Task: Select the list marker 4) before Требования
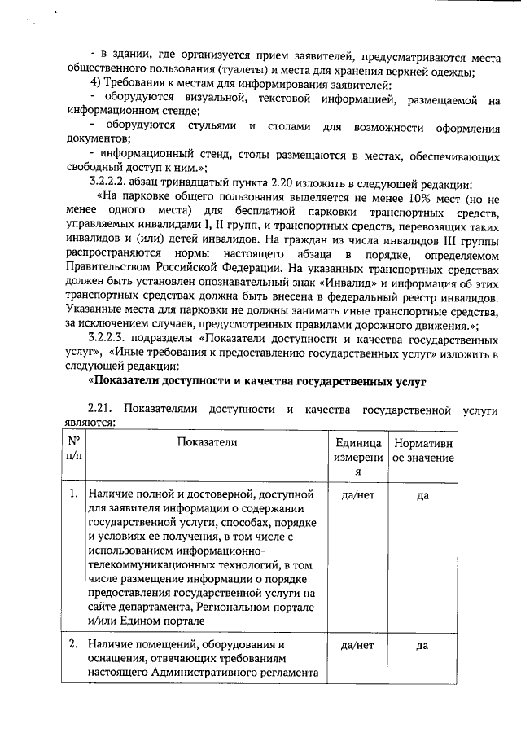pos(95,86)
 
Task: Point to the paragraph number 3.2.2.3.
pos(108,341)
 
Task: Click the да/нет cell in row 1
pos(357,494)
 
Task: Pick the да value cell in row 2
pos(422,645)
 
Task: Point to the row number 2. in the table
pos(74,645)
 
